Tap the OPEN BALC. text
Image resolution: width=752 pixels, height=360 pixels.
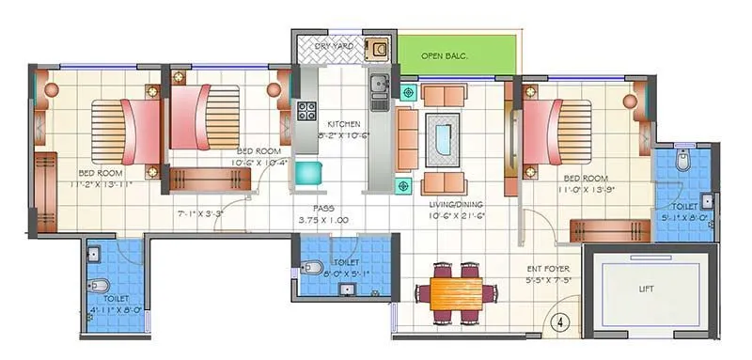pyautogui.click(x=445, y=55)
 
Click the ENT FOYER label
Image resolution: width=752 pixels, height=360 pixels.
pyautogui.click(x=550, y=268)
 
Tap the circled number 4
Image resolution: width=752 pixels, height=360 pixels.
pyautogui.click(x=562, y=320)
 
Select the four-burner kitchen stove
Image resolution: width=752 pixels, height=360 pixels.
pyautogui.click(x=306, y=111)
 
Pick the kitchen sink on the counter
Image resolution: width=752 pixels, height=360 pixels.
pyautogui.click(x=380, y=86)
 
